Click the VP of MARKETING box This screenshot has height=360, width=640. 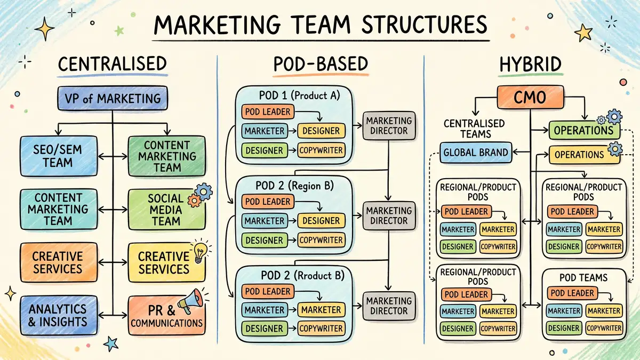[113, 99]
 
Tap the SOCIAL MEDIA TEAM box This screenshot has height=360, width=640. [166, 210]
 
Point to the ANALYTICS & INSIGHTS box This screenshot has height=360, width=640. [58, 315]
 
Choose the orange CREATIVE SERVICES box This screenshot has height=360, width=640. [58, 262]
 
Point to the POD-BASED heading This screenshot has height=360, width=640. [321, 65]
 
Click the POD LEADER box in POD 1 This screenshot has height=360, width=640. [266, 112]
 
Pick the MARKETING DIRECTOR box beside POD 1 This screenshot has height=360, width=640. [389, 126]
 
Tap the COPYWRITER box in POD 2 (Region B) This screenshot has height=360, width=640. [321, 240]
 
